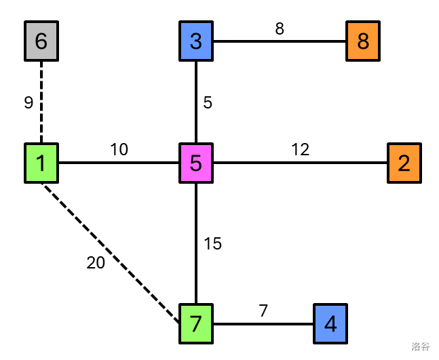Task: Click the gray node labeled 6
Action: [41, 41]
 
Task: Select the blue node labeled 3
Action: [196, 41]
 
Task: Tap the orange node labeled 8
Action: [363, 41]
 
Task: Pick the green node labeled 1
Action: [41, 163]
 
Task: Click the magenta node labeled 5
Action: [196, 163]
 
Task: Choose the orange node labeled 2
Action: [404, 163]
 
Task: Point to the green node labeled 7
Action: [196, 323]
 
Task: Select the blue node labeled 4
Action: [330, 323]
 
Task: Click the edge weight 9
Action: [28, 103]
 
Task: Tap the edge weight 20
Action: [96, 264]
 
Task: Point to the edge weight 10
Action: [119, 150]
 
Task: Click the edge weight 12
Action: [301, 150]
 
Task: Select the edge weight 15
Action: [213, 244]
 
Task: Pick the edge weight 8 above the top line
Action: [280, 29]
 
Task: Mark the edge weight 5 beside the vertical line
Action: [208, 103]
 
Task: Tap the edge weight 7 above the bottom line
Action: [263, 311]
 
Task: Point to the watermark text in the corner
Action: [420, 347]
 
